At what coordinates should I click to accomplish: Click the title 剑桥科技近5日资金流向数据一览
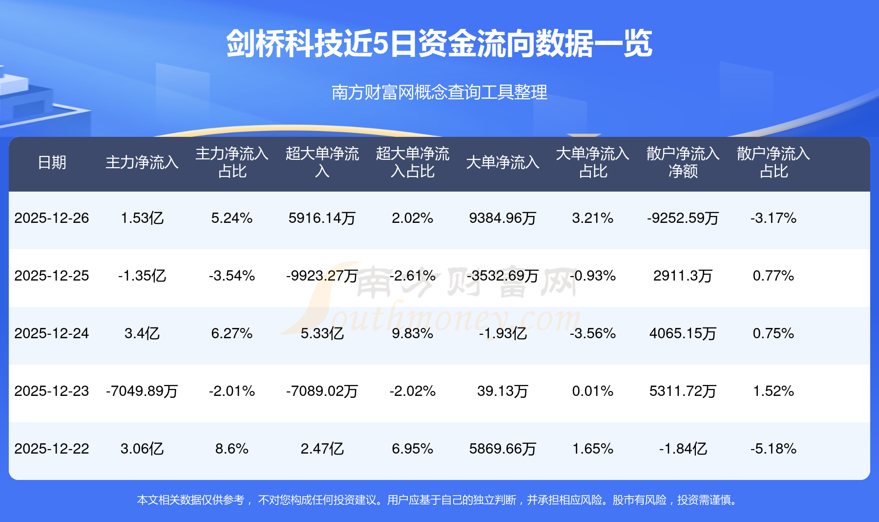[439, 44]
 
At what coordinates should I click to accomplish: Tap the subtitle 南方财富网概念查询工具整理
[439, 92]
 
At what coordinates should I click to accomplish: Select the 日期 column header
[52, 162]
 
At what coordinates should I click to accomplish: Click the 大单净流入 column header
[502, 162]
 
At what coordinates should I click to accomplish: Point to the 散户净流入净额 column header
[683, 162]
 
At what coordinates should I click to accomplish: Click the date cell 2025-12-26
[52, 218]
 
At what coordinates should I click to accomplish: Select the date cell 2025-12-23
[52, 391]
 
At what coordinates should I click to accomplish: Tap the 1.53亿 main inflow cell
[142, 218]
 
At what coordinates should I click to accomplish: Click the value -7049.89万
[142, 391]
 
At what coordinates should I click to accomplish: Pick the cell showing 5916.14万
[322, 218]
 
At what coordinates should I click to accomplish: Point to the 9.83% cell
[412, 333]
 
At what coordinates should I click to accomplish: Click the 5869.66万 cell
[502, 449]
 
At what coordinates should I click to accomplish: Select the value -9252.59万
[683, 218]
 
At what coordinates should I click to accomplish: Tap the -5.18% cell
[773, 449]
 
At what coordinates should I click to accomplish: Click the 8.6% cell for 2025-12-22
[232, 449]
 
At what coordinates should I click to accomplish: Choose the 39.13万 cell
[502, 391]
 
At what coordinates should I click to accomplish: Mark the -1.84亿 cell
[683, 449]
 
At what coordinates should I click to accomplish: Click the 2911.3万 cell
[683, 276]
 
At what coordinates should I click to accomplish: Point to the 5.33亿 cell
[322, 333]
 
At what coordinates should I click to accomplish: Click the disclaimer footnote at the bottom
[439, 500]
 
